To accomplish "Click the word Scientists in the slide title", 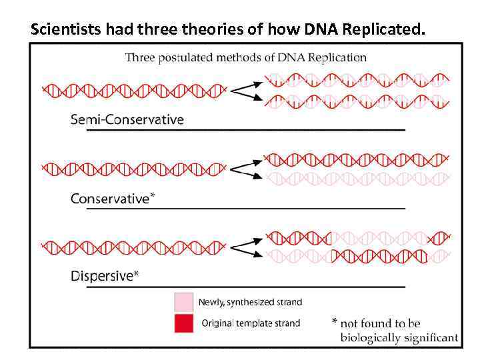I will point(64,29).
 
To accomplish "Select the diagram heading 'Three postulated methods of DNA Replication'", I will point(245,57).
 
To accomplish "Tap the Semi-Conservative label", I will point(127,120).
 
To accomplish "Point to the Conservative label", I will point(109,198).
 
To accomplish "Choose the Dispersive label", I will point(101,276).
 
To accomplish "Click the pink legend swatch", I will point(183,302).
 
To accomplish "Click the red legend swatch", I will point(183,324).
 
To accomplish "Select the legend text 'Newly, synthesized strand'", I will point(250,302).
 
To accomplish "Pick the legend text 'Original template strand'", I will point(251,323).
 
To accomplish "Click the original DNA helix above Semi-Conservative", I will point(133,89).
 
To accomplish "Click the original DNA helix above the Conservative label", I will point(133,169).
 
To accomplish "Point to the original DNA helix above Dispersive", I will point(133,247).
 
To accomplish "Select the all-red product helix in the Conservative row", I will point(357,160).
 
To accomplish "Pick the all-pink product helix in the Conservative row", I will point(357,179).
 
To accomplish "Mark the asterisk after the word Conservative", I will point(153,195).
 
